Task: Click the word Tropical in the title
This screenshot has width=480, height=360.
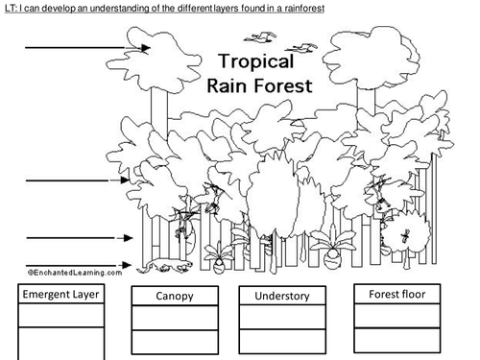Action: coord(256,61)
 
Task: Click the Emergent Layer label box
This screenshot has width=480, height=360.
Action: coord(60,294)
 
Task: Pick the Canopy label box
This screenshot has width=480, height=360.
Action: coord(175,296)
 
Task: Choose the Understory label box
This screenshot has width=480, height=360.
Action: coord(282,296)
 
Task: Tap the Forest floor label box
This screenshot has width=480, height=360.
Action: coord(397,294)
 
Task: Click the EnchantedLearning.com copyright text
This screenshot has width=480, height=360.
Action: coord(75,273)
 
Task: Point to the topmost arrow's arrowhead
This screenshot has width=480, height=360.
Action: coord(145,48)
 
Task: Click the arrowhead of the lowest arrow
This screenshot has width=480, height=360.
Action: coord(127,265)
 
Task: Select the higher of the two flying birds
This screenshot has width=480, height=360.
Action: coord(260,37)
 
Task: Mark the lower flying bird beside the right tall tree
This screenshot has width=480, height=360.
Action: coord(300,48)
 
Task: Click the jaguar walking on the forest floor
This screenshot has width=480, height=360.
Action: coord(165,266)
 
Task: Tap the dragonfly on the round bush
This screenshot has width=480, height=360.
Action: coord(405,236)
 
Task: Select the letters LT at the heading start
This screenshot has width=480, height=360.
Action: coord(10,9)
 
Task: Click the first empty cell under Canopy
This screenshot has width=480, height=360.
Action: coord(175,318)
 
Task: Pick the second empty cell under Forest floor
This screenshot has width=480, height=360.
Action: coord(397,340)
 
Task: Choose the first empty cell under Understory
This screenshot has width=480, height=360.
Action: coord(282,317)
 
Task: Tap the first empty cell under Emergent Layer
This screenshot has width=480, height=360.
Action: coord(60,315)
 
